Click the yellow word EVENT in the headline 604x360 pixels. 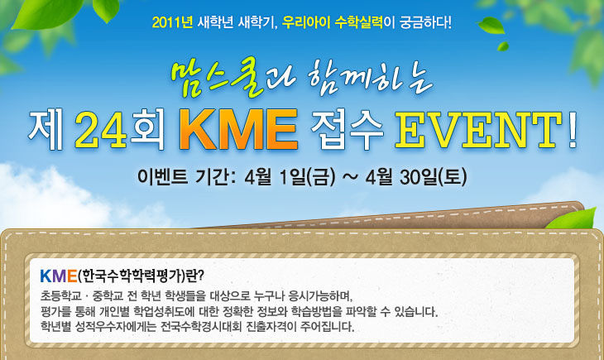click(x=478, y=130)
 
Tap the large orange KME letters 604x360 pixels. click(x=238, y=129)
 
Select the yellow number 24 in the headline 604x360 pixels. click(x=101, y=130)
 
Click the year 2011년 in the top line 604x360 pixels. click(x=172, y=22)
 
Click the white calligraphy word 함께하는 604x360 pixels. click(x=371, y=79)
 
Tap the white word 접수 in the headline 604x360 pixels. click(x=347, y=130)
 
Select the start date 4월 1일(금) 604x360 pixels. click(x=290, y=177)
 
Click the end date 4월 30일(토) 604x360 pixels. click(x=416, y=177)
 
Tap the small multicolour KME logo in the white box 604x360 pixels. click(x=59, y=276)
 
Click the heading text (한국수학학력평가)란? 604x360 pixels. click(x=141, y=276)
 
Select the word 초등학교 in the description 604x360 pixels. click(x=61, y=296)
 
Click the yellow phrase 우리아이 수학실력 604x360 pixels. click(x=333, y=22)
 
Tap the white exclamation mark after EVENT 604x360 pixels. click(x=573, y=130)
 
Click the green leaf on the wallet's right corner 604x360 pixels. click(x=571, y=218)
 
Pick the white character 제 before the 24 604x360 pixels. click(x=46, y=130)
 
